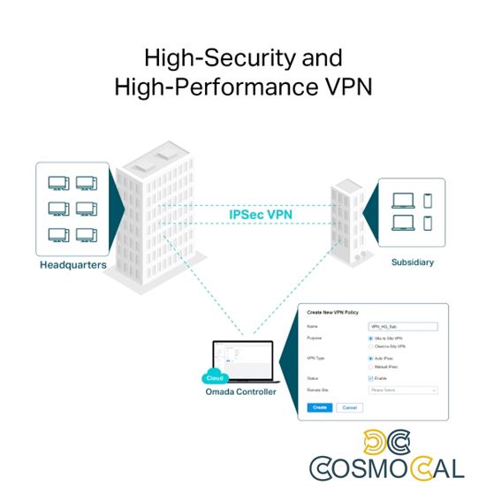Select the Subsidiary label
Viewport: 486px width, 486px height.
point(413,262)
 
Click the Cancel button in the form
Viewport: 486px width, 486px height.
point(348,407)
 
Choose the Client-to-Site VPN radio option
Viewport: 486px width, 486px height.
point(369,347)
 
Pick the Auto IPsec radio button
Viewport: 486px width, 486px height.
point(369,358)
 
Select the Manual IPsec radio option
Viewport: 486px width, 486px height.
point(369,367)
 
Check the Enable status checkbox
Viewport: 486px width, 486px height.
point(369,377)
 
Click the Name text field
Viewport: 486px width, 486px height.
point(401,326)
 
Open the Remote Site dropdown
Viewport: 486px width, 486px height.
point(403,389)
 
